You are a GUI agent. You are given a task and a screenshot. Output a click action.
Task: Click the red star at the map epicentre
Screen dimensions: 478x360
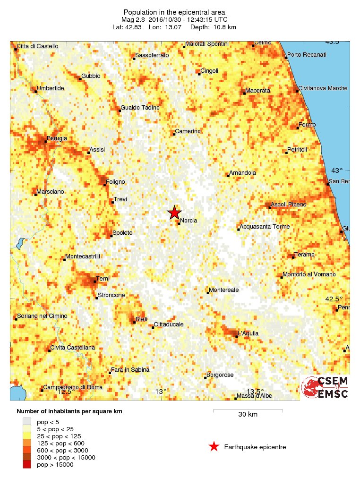tap(175, 213)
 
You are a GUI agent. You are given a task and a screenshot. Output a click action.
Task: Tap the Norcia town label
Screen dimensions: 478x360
tap(189, 221)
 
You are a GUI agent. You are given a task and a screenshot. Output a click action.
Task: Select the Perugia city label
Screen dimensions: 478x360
tap(57, 138)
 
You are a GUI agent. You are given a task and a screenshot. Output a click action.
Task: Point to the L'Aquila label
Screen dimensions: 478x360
tap(249, 333)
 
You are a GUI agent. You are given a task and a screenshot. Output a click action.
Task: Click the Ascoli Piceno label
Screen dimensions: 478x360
tap(289, 205)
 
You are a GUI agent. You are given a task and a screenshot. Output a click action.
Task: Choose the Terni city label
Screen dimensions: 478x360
tap(103, 279)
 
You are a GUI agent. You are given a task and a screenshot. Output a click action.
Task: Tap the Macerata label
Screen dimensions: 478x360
tap(257, 90)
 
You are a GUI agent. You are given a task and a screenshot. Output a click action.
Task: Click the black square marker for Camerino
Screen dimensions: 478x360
tap(174, 134)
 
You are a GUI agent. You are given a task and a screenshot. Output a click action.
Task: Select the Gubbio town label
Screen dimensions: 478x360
tap(91, 76)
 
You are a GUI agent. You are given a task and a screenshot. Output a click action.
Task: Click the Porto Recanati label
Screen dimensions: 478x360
tap(307, 55)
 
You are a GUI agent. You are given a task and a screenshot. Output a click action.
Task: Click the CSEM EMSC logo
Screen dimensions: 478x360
tap(326, 387)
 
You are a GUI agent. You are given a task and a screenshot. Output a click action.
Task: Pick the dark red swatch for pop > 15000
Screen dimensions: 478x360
tap(27, 465)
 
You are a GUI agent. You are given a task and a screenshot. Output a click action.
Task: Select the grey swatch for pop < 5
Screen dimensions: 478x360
tap(27, 422)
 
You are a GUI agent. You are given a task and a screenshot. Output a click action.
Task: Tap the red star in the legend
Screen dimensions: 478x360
tap(214, 446)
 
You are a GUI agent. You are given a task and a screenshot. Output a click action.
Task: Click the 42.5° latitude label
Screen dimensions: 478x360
tap(334, 299)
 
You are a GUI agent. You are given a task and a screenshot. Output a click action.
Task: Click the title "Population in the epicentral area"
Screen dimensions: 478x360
tap(174, 12)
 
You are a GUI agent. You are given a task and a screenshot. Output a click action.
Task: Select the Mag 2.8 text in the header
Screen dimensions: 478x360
tap(134, 19)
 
